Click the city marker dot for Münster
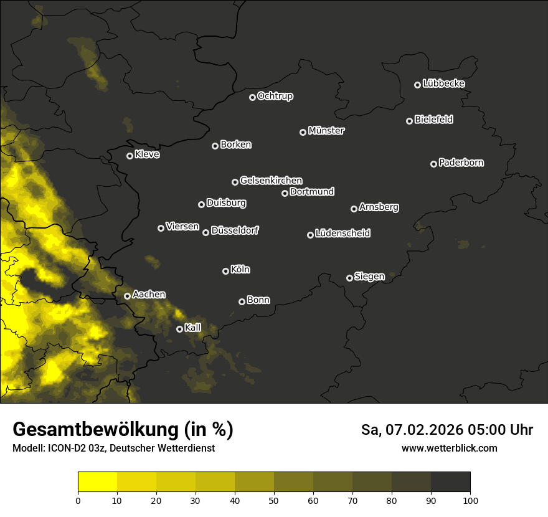click(303, 132)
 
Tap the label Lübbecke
click(443, 83)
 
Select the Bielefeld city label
click(433, 120)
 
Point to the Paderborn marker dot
click(434, 164)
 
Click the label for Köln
click(240, 270)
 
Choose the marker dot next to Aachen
click(128, 296)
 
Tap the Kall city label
click(193, 328)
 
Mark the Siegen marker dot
click(349, 278)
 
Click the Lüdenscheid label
click(342, 234)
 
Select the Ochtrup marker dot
click(252, 97)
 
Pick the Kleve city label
click(147, 154)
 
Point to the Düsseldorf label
click(235, 230)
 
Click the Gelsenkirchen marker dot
click(235, 182)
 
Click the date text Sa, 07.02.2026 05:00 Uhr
click(447, 430)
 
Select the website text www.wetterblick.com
click(449, 448)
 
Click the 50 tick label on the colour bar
click(274, 500)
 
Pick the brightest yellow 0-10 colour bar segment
click(97, 482)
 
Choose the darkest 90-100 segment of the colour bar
click(450, 482)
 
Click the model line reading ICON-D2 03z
click(113, 448)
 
